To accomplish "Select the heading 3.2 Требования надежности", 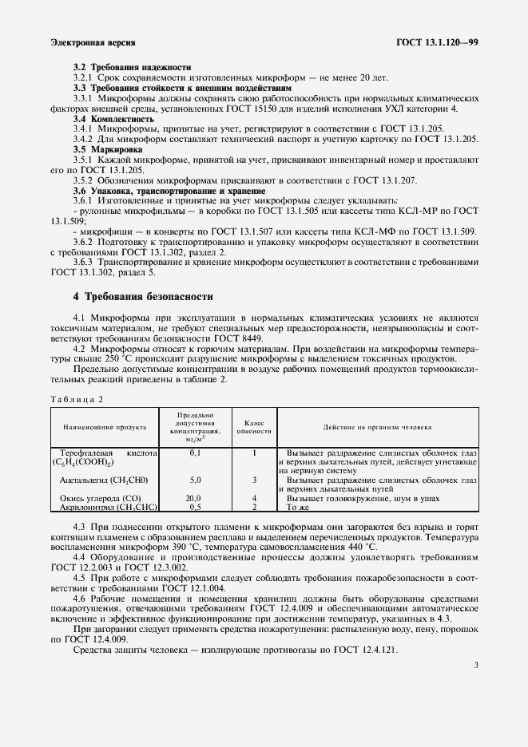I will [132, 66].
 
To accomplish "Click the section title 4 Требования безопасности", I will [143, 297].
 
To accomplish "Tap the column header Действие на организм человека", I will [377, 428].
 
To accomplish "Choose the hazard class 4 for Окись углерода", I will [253, 498].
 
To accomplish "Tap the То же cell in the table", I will [297, 507].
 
